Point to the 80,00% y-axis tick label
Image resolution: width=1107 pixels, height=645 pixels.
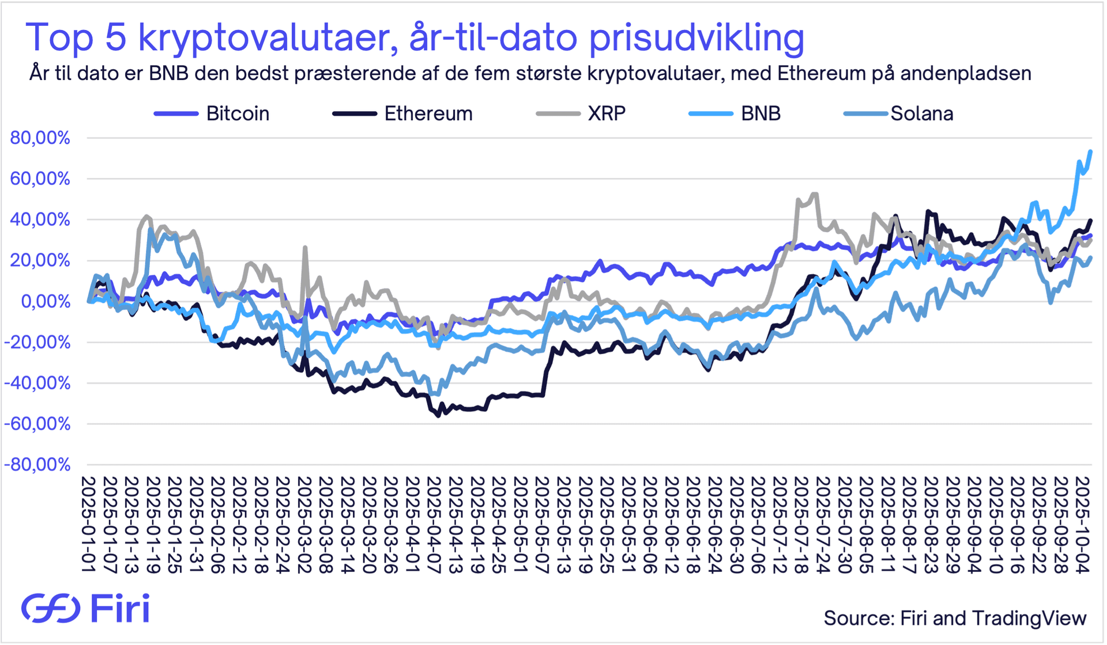click(40, 138)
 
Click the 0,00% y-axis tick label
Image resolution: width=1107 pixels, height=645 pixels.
click(46, 301)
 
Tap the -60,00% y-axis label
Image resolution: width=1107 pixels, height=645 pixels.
click(37, 424)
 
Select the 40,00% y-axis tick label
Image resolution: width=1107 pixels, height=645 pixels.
click(40, 219)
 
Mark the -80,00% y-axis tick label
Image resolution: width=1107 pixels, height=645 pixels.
click(37, 465)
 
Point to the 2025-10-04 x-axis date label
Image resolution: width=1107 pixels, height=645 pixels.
click(1082, 524)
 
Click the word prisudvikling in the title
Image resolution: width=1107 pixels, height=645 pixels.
click(696, 38)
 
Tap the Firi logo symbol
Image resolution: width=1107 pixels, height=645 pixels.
click(51, 608)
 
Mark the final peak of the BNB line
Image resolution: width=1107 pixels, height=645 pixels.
click(1090, 152)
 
